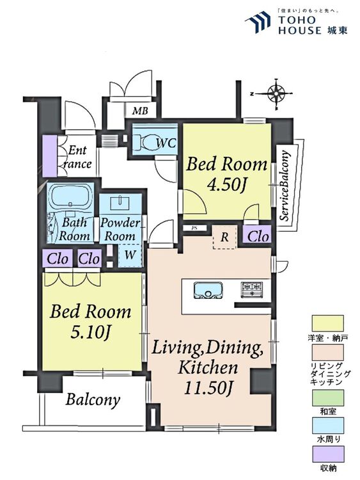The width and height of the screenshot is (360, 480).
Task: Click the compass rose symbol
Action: click(x=276, y=94)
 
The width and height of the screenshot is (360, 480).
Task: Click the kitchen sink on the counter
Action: click(x=208, y=290)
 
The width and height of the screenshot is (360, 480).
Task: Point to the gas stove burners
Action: click(x=251, y=289)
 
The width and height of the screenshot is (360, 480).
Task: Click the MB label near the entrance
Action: click(x=140, y=111)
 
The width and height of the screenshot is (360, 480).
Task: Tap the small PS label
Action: click(x=194, y=228)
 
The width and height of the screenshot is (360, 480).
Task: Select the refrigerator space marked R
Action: click(x=224, y=237)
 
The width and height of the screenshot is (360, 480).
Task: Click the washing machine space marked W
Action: click(x=130, y=255)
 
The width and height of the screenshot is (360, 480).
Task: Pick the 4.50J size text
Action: click(x=226, y=184)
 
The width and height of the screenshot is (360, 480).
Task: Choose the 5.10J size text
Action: click(x=90, y=332)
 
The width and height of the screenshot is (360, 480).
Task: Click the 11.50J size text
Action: click(x=208, y=387)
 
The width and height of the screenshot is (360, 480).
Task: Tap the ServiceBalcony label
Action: click(x=285, y=186)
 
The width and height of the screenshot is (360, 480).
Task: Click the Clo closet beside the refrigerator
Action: click(x=258, y=236)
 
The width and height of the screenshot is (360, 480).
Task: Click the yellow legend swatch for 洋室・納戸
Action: click(x=327, y=323)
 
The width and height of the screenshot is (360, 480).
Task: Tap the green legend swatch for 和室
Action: click(x=327, y=397)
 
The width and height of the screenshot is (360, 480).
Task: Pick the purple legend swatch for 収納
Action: click(x=327, y=454)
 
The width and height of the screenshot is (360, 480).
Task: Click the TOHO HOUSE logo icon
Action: click(x=257, y=22)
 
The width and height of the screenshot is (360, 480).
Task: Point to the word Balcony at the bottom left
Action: click(x=93, y=400)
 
